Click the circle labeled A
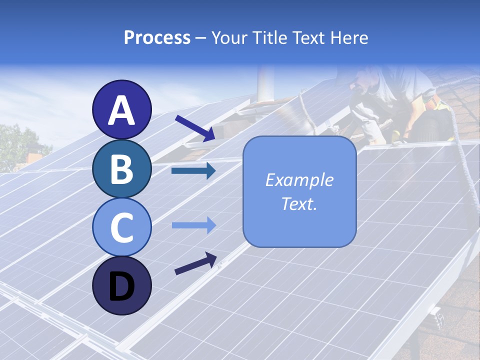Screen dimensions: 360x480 coord(121,109)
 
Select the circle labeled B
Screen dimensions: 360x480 coord(121,168)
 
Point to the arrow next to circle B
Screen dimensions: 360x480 coord(193,171)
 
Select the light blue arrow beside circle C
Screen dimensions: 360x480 coord(193,225)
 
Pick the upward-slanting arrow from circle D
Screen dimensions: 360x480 coord(195,264)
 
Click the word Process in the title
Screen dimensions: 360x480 coord(157,38)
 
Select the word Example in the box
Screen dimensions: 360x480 coord(299,180)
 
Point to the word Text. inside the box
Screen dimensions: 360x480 coord(299,203)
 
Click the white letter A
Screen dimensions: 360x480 coord(121,110)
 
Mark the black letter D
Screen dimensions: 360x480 coord(121,286)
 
